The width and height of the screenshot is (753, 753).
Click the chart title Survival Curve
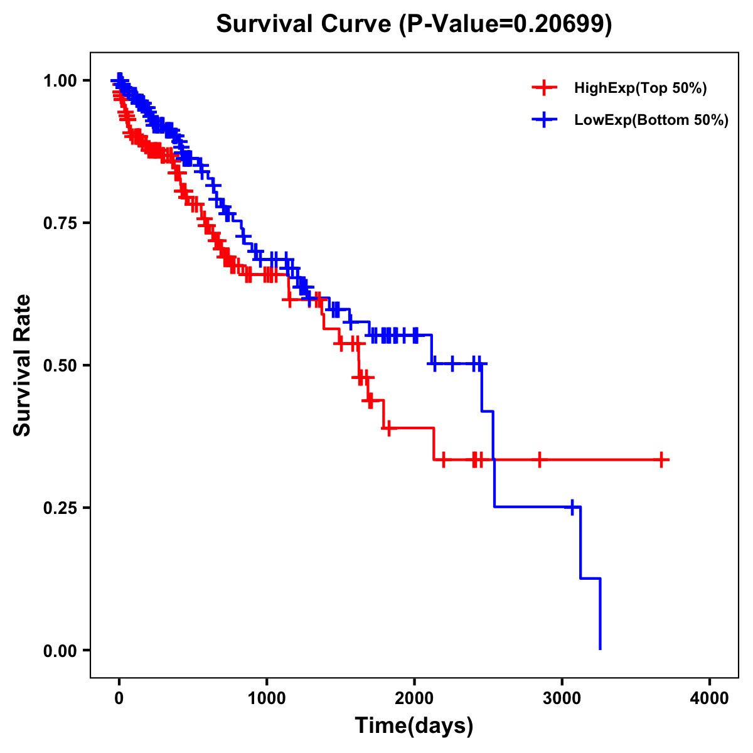[x=305, y=24]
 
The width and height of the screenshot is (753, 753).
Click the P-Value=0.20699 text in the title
[x=508, y=24]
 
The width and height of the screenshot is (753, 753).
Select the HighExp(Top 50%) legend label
[x=640, y=88]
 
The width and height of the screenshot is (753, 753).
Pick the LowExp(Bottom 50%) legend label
[x=651, y=120]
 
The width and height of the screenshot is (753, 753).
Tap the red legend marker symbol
[x=544, y=88]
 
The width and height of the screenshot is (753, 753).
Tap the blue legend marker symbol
[x=544, y=120]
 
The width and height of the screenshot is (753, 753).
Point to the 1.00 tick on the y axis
[x=61, y=80]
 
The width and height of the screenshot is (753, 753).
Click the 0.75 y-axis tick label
[x=61, y=223]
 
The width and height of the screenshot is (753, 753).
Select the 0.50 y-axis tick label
[x=61, y=365]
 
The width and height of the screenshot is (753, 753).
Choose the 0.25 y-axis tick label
[x=61, y=508]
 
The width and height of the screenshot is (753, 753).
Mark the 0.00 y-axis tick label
[x=61, y=650]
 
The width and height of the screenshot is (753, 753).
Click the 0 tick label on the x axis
[x=119, y=698]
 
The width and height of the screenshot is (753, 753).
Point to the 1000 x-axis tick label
[x=267, y=698]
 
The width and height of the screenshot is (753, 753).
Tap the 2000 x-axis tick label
[x=414, y=698]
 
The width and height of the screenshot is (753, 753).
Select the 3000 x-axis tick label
[x=562, y=698]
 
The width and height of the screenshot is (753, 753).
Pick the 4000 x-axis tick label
[x=710, y=698]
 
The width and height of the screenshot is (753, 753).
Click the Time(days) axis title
[x=414, y=726]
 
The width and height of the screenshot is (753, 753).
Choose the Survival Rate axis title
[x=23, y=365]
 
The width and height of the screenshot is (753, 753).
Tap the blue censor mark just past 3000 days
[x=572, y=507]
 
